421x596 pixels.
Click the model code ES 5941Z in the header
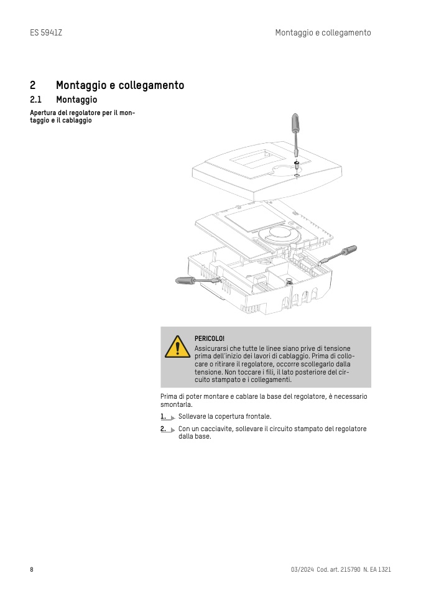46,32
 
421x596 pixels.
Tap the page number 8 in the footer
32,569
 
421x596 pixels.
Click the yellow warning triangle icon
177,347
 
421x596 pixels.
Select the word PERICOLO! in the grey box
209,338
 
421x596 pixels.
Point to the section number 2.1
35,100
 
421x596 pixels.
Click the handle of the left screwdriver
187,281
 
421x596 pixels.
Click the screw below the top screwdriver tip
297,164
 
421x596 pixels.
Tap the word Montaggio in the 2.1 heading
76,100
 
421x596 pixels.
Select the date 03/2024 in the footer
302,569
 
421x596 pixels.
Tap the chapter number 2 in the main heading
32,85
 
